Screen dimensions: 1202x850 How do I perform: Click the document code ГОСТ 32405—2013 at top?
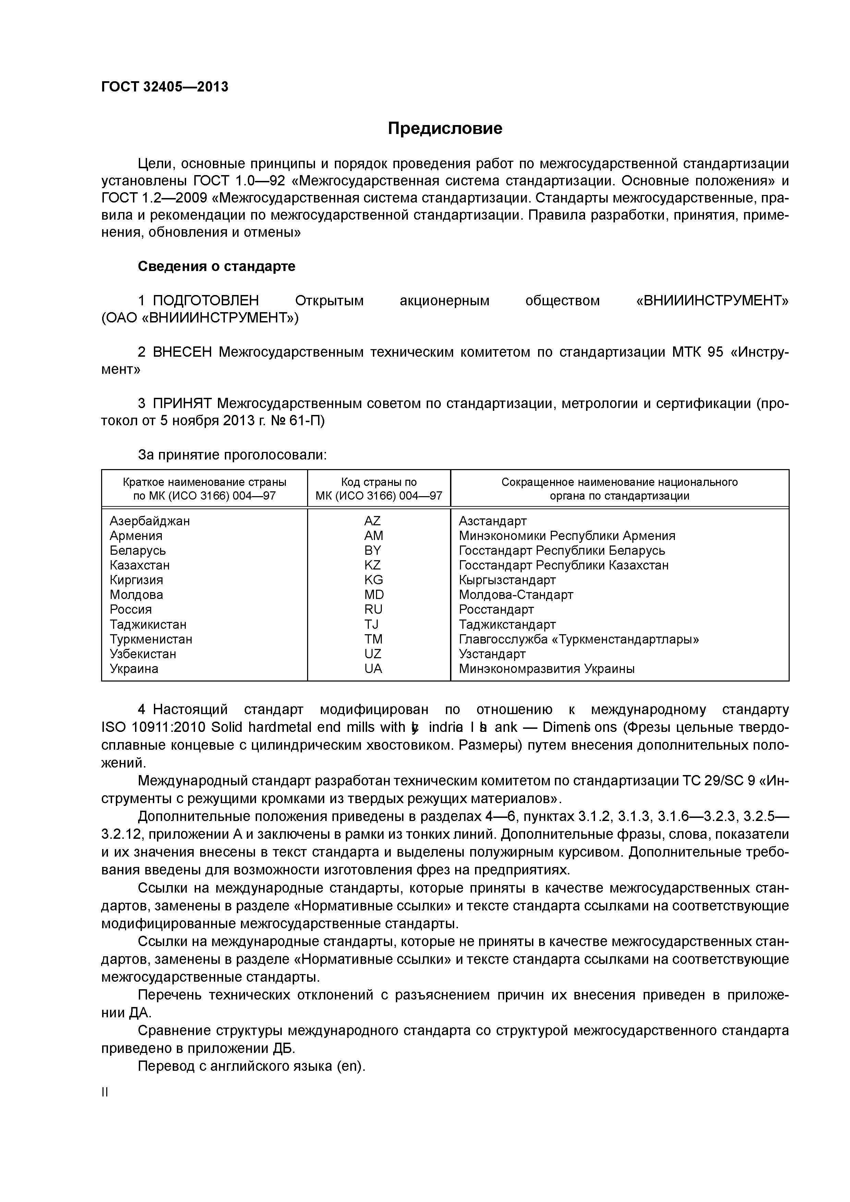pyautogui.click(x=165, y=86)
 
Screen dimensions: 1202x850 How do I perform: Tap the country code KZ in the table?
pyautogui.click(x=373, y=565)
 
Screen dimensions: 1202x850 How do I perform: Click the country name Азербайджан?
pyautogui.click(x=150, y=521)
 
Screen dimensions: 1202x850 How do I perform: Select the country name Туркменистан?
pyautogui.click(x=151, y=639)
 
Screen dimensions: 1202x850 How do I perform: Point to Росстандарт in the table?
pyautogui.click(x=496, y=609)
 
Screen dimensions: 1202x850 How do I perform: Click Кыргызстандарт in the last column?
pyautogui.click(x=507, y=580)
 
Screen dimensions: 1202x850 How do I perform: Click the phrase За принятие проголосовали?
pyautogui.click(x=232, y=455)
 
